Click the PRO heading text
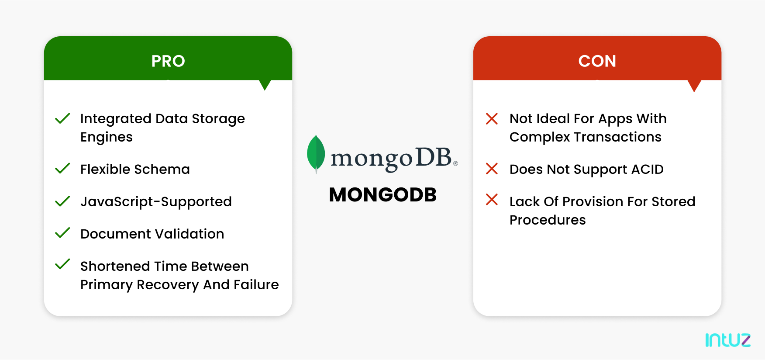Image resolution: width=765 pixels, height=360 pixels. click(x=168, y=61)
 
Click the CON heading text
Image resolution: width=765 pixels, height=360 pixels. click(x=597, y=61)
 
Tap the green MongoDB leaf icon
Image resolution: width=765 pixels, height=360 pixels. click(x=316, y=153)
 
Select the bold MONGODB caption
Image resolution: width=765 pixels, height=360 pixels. click(x=382, y=195)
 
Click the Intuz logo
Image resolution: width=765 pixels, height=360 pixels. click(x=727, y=340)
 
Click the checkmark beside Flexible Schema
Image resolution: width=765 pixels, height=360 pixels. click(x=62, y=168)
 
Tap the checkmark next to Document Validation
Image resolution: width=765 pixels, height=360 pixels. click(x=62, y=233)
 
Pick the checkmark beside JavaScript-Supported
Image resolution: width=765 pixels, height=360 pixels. click(x=62, y=201)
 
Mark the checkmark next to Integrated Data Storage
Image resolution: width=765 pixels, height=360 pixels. click(x=62, y=118)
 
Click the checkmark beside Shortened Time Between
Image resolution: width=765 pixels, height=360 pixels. click(x=62, y=264)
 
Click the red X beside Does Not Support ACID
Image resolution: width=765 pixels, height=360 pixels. click(x=492, y=169)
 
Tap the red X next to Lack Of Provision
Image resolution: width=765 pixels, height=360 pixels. click(x=492, y=200)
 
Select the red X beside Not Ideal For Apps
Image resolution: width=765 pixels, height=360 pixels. click(x=492, y=118)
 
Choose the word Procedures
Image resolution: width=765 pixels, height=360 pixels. click(x=548, y=220)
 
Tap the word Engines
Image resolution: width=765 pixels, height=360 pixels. click(x=107, y=137)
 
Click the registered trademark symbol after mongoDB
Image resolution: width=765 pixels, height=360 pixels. click(x=455, y=163)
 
